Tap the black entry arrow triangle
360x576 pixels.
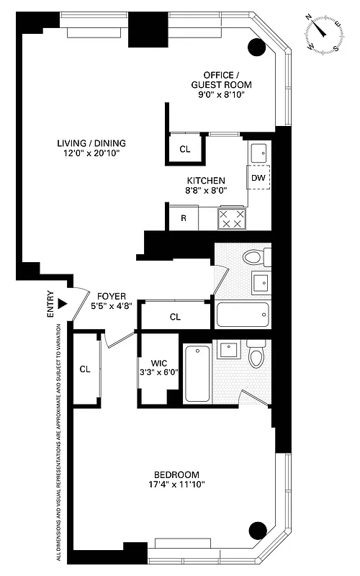tap(63, 304)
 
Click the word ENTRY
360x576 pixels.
tap(50, 304)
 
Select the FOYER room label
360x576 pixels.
tap(112, 296)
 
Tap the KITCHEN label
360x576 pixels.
tap(207, 181)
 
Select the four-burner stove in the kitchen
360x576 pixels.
tap(231, 219)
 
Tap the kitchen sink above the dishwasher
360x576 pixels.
tap(258, 153)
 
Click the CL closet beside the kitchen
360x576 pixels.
tap(185, 150)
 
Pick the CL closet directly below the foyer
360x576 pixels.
tap(175, 316)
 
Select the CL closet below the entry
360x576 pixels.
tap(85, 369)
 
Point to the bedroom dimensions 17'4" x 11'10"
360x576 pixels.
tap(176, 485)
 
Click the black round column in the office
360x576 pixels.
tap(257, 48)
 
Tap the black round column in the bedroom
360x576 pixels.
tap(257, 531)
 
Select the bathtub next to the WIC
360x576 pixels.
tap(197, 374)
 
